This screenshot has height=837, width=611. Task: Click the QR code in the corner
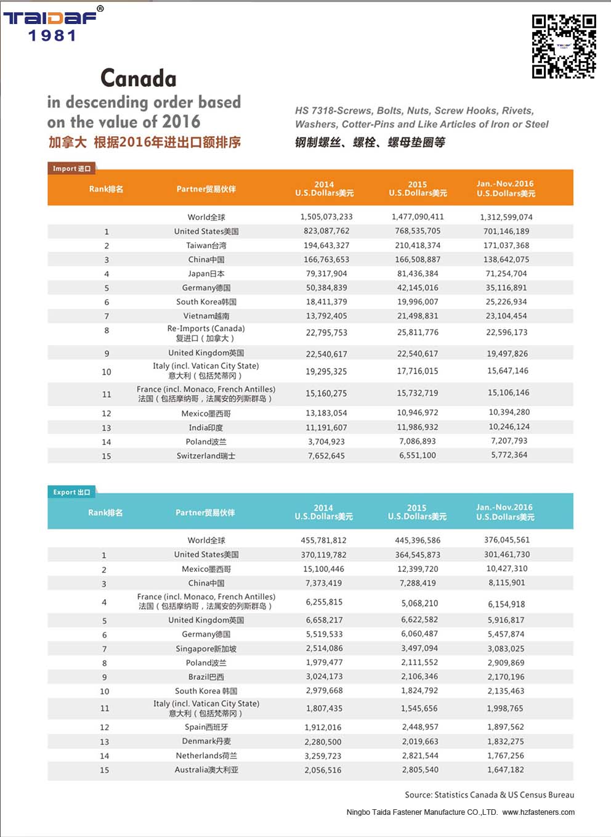(x=564, y=47)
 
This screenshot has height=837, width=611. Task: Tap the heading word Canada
(x=139, y=78)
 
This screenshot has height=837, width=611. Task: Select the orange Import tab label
(x=71, y=168)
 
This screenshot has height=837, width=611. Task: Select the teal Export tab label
(x=71, y=492)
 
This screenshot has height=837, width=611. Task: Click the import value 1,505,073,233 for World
(x=326, y=217)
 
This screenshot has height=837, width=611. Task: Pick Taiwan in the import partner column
(x=206, y=245)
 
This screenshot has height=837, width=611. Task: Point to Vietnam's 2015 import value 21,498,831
(x=418, y=316)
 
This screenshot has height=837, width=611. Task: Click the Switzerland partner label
(x=206, y=455)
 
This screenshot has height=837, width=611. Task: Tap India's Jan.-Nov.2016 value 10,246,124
(x=508, y=427)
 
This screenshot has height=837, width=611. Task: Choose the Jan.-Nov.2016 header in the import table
(x=506, y=188)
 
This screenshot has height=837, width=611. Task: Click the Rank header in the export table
(x=105, y=512)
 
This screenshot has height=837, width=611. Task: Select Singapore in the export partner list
(x=206, y=648)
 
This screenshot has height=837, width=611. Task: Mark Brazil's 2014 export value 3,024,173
(x=324, y=676)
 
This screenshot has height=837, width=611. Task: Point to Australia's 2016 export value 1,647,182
(x=506, y=769)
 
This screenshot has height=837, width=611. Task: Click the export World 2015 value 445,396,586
(x=418, y=540)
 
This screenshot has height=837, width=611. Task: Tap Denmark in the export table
(x=206, y=741)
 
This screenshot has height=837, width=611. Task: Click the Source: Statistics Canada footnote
(x=489, y=794)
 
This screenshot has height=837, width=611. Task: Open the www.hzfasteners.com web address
(x=538, y=812)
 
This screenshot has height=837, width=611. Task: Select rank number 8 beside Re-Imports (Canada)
(x=107, y=330)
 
